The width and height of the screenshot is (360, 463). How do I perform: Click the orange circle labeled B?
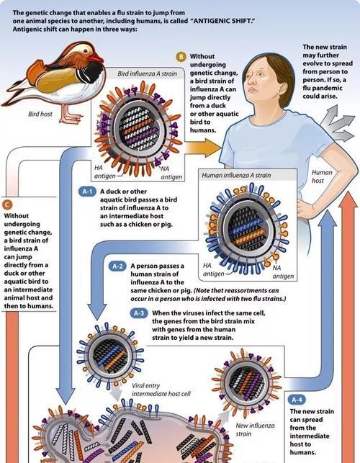[x=181, y=56]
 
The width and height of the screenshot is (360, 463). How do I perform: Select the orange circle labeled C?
[x=7, y=204]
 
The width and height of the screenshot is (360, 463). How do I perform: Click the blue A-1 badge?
[x=87, y=192]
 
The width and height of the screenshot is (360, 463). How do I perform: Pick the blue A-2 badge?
[x=117, y=266]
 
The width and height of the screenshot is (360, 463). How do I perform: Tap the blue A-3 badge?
[x=139, y=313]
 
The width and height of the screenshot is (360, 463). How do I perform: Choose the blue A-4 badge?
[x=297, y=400]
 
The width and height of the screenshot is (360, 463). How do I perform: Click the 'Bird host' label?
[x=40, y=114]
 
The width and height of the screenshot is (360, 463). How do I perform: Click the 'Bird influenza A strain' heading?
[x=147, y=73]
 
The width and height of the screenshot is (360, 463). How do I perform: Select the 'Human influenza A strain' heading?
[x=236, y=175]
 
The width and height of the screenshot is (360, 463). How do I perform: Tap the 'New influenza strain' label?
[x=255, y=430]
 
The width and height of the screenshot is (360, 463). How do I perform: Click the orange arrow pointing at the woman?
[x=203, y=147]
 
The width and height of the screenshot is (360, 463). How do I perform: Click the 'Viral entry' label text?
[x=145, y=386]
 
